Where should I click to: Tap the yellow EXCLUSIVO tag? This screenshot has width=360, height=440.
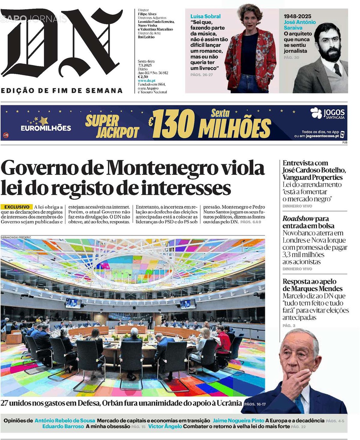17,207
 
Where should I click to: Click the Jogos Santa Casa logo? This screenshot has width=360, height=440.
328,113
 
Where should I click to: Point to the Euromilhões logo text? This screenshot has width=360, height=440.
45,128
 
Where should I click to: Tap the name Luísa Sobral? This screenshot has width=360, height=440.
205,16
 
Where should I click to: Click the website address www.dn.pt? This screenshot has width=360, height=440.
147,81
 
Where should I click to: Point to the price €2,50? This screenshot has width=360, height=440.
143,77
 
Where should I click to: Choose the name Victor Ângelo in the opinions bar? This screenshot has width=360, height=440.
165,426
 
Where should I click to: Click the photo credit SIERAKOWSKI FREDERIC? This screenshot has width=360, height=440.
16,237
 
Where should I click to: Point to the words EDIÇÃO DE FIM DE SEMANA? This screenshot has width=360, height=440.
62,91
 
